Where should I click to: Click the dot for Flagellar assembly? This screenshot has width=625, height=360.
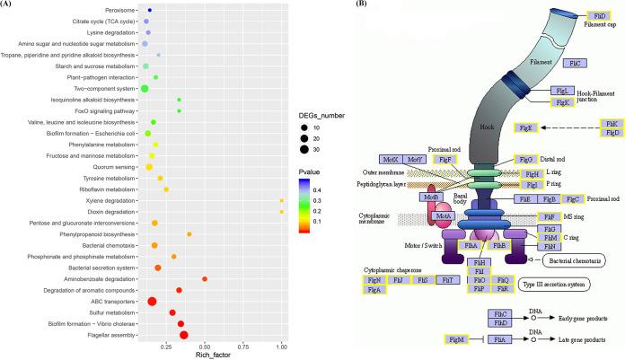[184, 335]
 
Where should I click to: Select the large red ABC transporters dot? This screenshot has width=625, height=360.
[152, 302]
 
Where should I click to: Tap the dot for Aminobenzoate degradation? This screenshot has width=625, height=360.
[205, 279]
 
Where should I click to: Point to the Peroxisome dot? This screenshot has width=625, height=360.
[149, 10]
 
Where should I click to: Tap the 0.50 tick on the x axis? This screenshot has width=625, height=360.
[204, 345]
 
